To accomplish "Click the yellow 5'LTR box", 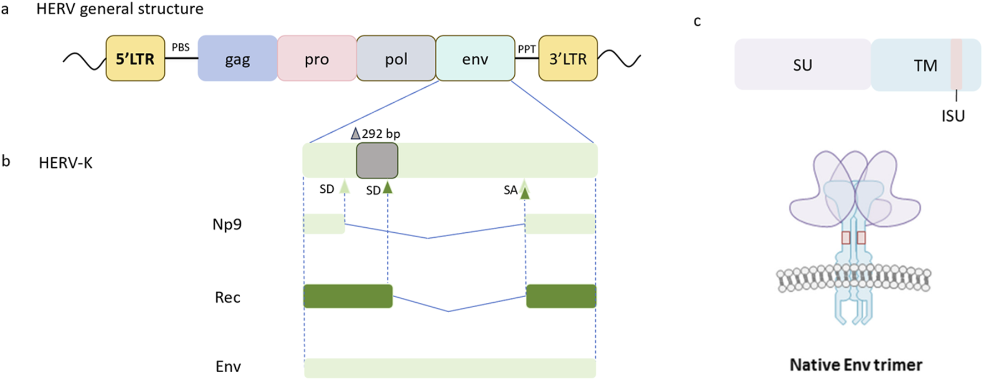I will coord(135,58).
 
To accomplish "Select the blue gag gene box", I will coord(237,58).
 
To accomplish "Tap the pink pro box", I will coord(317,58).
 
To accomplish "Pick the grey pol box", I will coord(396,58).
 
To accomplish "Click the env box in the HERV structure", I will coord(475,58).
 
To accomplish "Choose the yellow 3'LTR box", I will coord(568,58).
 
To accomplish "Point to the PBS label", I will coord(180,47).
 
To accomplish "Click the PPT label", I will coord(526,49).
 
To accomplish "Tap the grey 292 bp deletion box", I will coord(377,161).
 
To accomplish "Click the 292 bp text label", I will coord(381,134).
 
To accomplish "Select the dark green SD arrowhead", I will coord(388,188).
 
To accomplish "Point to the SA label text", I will coord(510,191).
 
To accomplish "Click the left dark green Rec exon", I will coord(348,296).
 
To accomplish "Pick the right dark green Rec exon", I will coord(561,296).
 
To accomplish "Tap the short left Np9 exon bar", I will coord(324,224).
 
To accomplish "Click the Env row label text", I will coord(228,367).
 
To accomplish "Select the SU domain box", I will coord(802,64).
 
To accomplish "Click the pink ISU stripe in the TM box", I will coord(956,64).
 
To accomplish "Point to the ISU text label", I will coord(953,116).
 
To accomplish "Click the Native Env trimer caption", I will coord(855,365).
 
